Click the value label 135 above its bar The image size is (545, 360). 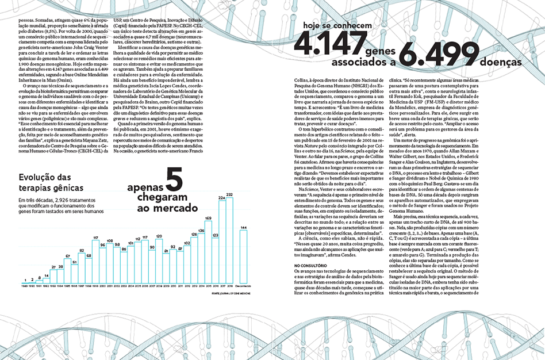click(x=201, y=231)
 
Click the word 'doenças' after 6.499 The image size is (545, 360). click(x=498, y=61)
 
